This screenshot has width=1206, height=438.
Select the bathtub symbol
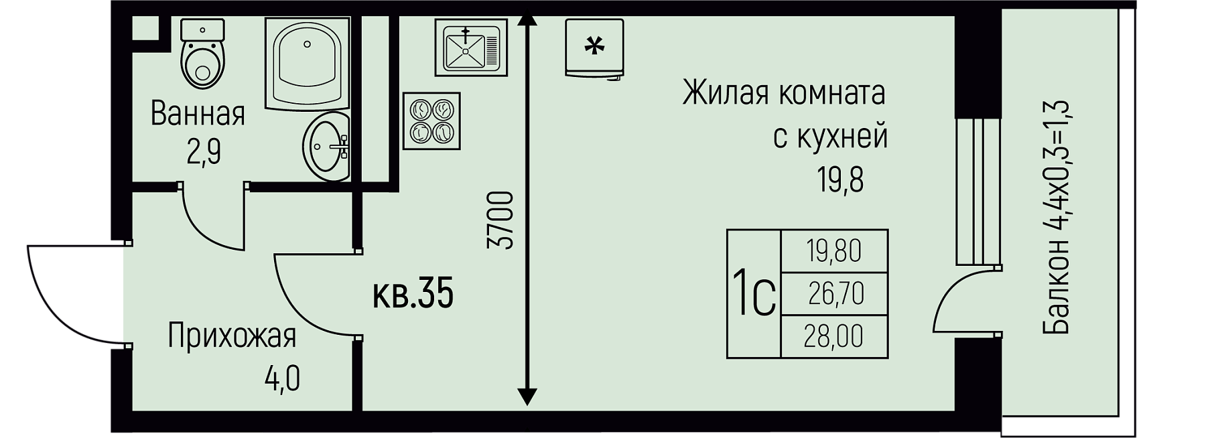pos(307,62)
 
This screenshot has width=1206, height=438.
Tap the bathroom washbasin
pos(328,145)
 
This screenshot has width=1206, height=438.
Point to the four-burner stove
pos(431,121)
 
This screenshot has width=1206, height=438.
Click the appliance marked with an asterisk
pos(594,48)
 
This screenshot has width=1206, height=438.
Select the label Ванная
pos(198,114)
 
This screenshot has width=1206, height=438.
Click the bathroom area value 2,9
pos(204,153)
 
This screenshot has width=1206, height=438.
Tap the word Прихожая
pos(232,336)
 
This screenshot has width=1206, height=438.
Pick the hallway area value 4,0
pos(282,379)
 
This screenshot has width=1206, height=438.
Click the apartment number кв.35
pos(413,295)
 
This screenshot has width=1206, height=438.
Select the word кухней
pos(843,137)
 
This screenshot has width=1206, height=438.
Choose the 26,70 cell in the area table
pos(835,293)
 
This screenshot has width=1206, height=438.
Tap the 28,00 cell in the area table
pos(834,336)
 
